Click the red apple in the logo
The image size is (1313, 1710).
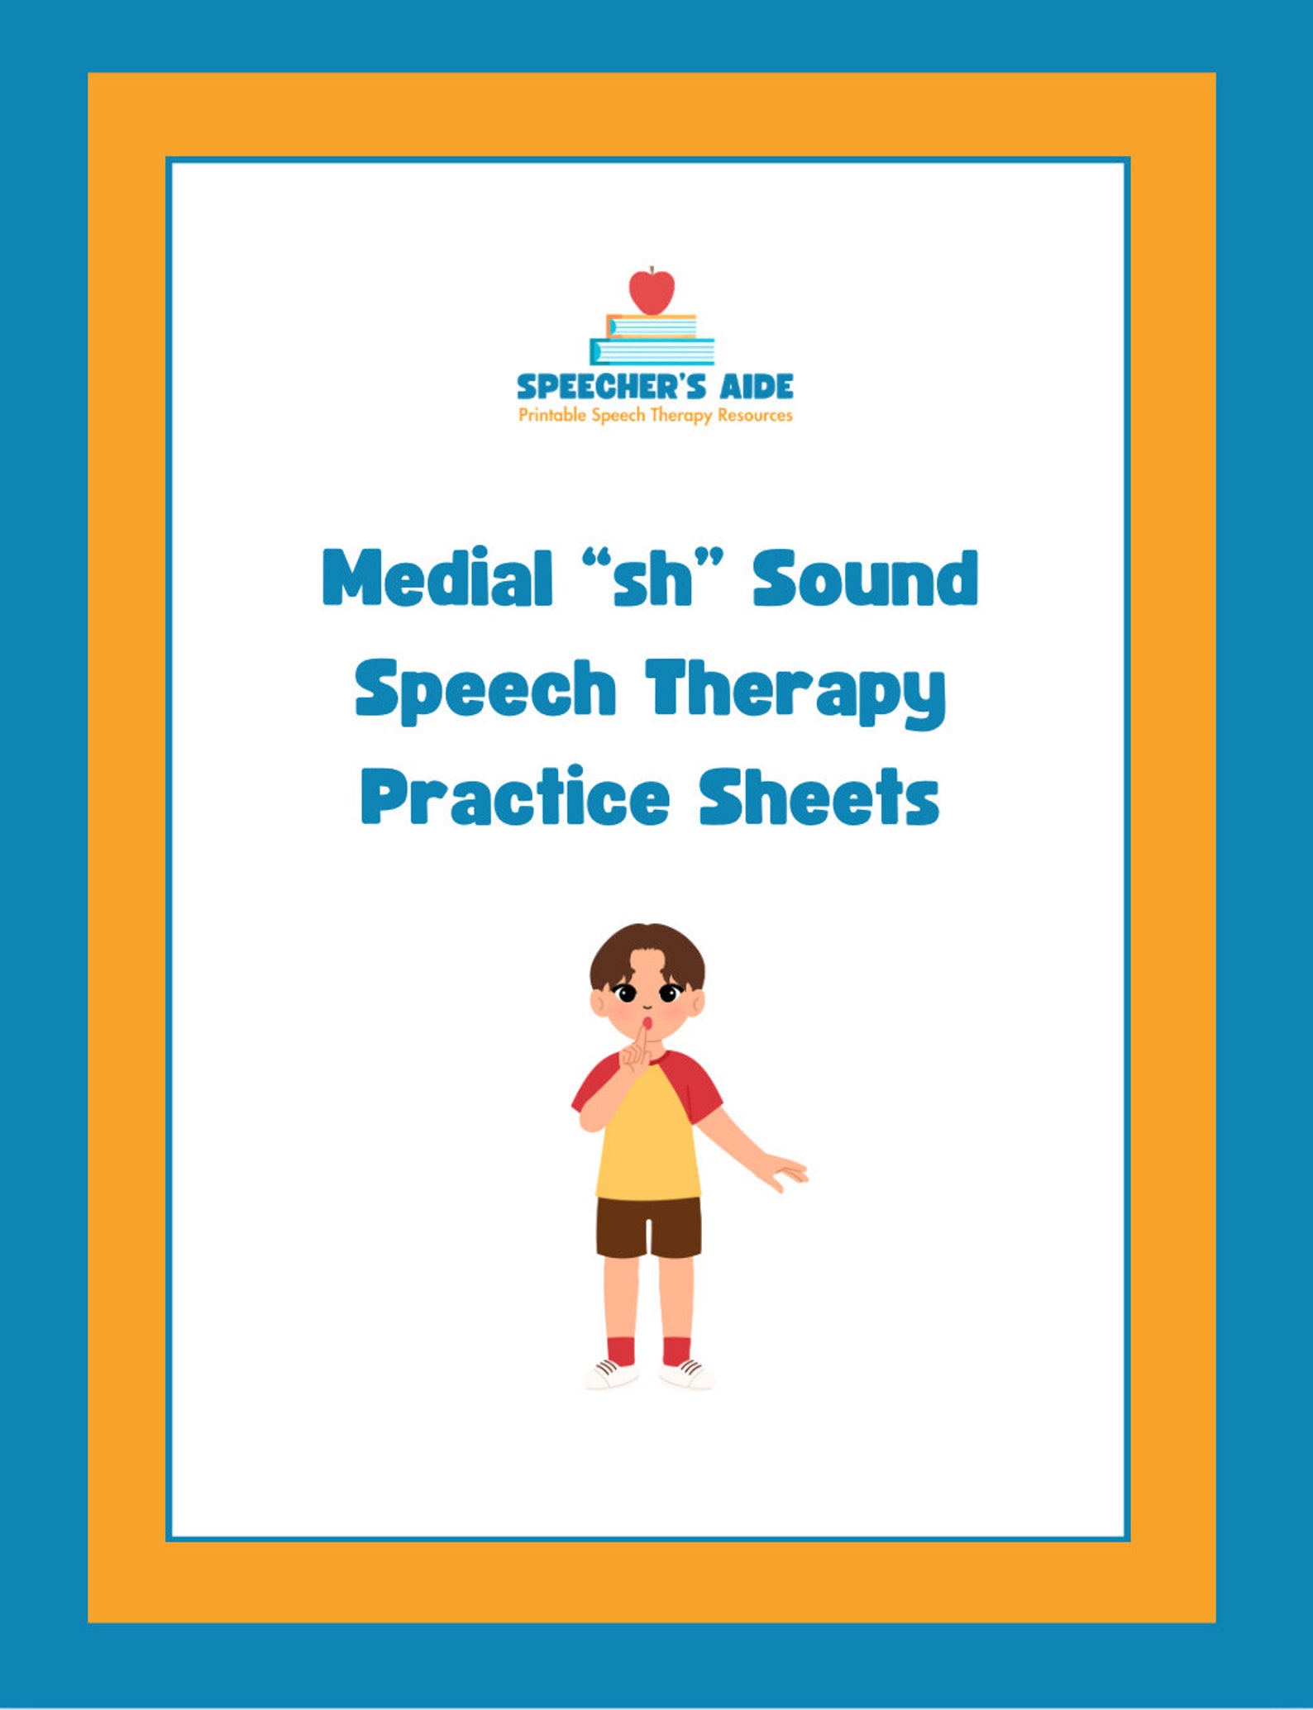[652, 291]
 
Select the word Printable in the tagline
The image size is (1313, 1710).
[553, 415]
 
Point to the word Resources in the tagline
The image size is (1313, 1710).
[755, 415]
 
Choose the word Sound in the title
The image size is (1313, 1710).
[866, 578]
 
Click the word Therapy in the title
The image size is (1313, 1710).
[795, 691]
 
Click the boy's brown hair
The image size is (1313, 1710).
[647, 950]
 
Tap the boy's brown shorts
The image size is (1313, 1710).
[648, 1226]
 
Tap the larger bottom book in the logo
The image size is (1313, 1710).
[652, 352]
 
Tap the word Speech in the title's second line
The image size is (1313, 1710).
[486, 689]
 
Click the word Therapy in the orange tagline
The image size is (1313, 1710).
[681, 415]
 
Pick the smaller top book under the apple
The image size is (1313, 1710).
[652, 326]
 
